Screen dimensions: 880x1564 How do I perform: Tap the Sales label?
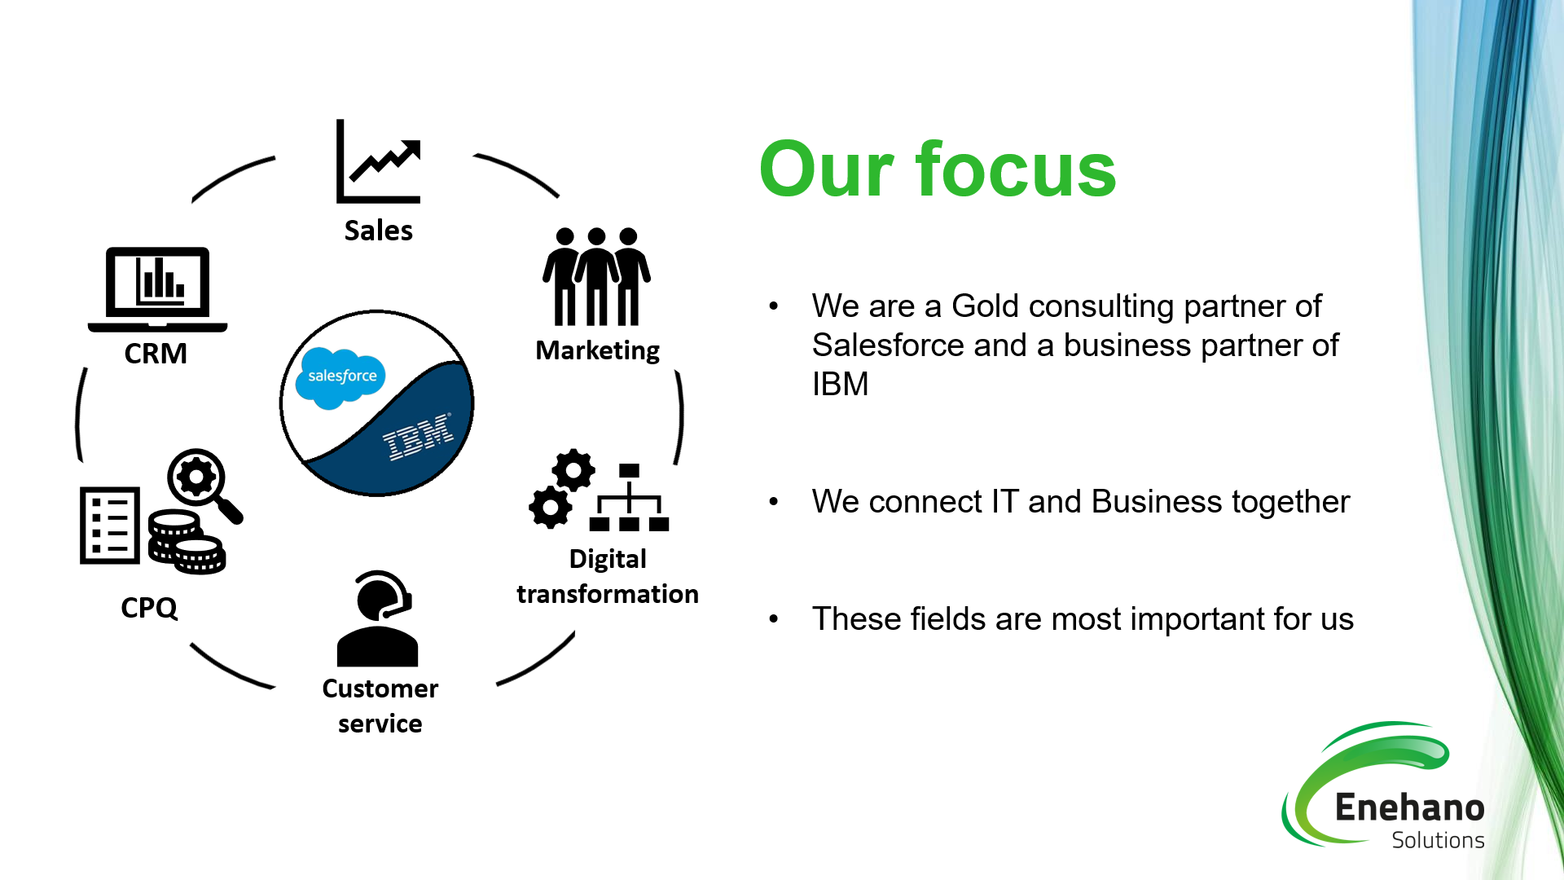tap(378, 231)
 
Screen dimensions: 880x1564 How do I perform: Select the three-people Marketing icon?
tap(596, 277)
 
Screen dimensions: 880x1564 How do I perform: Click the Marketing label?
tap(597, 350)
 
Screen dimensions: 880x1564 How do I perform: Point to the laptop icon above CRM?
tap(157, 289)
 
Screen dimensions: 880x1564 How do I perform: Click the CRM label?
tap(156, 354)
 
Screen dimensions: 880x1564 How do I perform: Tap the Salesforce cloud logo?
tap(341, 377)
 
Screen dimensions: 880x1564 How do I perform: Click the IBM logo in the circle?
tap(419, 436)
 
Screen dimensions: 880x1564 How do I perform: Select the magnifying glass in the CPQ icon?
tap(202, 482)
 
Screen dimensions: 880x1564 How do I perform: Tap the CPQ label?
tap(149, 608)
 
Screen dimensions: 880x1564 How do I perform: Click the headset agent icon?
tap(378, 619)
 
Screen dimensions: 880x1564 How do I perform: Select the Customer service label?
tap(380, 706)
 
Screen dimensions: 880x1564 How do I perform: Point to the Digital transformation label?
tap(608, 577)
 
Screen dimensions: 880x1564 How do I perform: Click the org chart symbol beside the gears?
tap(629, 498)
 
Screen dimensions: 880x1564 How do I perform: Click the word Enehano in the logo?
tap(1409, 807)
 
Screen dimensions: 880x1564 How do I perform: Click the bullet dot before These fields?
tap(774, 619)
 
